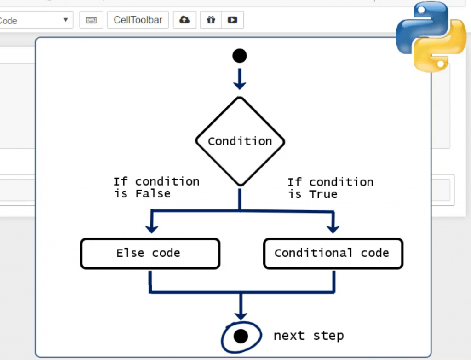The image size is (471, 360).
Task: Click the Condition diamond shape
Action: (x=240, y=141)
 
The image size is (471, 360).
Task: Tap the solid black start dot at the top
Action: (x=239, y=56)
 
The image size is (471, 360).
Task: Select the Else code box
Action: (x=150, y=253)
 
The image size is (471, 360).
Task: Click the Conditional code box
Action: (x=333, y=253)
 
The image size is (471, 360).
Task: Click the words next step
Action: (x=309, y=336)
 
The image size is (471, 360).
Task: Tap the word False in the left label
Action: (x=153, y=194)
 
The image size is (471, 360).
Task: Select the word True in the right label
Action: (x=323, y=194)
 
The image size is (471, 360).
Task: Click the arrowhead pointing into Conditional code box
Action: (x=333, y=227)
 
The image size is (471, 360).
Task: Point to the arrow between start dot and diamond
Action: (x=239, y=79)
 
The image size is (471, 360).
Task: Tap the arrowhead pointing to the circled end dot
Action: (x=240, y=315)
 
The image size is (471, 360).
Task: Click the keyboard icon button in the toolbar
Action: (x=91, y=20)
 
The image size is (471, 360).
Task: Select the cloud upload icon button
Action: (x=184, y=20)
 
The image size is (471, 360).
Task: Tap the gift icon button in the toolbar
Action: (x=211, y=20)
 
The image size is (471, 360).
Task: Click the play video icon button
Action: (x=232, y=20)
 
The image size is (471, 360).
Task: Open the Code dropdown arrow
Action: (x=65, y=20)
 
